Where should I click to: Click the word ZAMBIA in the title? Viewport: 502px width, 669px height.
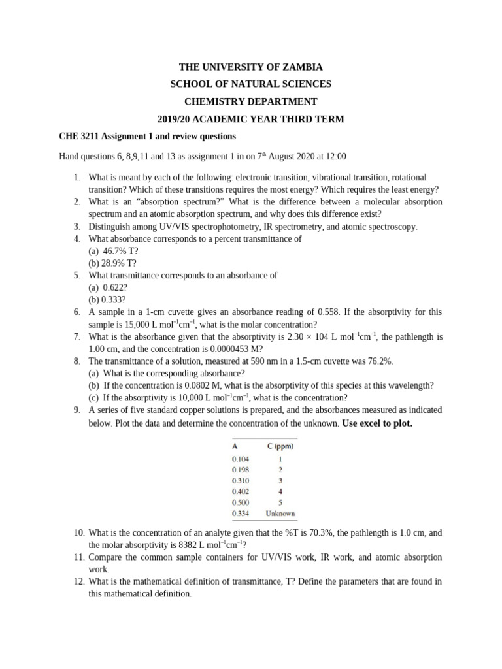point(298,67)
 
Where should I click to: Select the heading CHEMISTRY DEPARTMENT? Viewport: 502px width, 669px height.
point(251,101)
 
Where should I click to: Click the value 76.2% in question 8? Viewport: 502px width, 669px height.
point(380,361)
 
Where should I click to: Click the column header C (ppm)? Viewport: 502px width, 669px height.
point(280,447)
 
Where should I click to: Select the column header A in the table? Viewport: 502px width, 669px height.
point(235,447)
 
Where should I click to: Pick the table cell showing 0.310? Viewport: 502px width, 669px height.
point(241,480)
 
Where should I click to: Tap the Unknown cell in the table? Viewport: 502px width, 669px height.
point(280,514)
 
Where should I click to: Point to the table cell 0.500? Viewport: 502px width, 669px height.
point(241,502)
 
